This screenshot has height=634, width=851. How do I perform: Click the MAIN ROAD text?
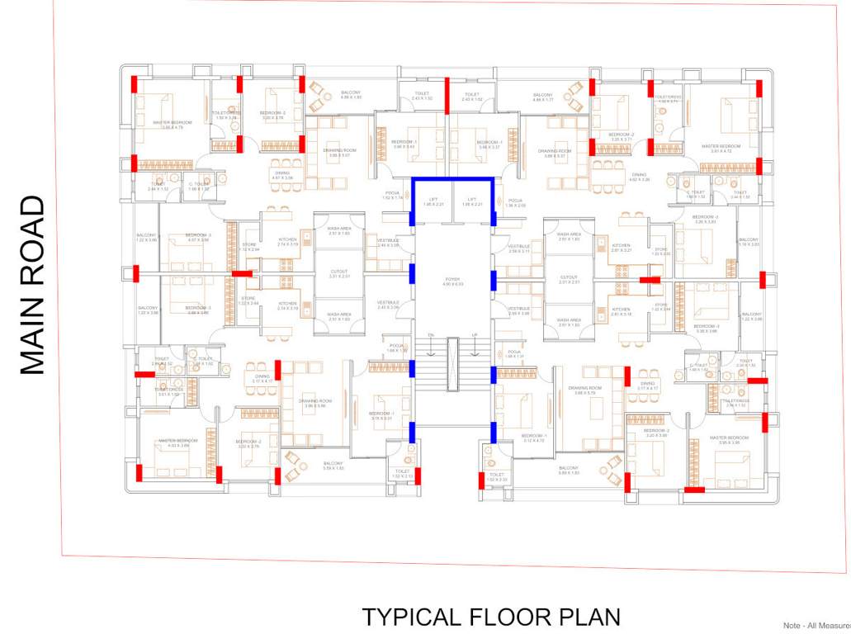[x=31, y=286]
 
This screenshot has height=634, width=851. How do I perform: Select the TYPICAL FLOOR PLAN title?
[x=491, y=617]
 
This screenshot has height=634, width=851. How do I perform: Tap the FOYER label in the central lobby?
[x=452, y=282]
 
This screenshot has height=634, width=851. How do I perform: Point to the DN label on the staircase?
[x=430, y=334]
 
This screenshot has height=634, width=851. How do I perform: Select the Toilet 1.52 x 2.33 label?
[x=496, y=476]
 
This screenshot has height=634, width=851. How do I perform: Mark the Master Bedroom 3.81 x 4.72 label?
[x=721, y=149]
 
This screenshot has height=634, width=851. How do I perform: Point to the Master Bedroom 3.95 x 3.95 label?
[x=729, y=439]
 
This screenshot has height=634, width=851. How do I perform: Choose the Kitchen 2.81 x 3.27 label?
[x=621, y=248]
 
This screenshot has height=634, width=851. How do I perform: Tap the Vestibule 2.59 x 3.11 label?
[x=519, y=248]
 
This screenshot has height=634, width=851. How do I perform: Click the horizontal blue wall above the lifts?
[x=452, y=180]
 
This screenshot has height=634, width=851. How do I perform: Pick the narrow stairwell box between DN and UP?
[x=452, y=363]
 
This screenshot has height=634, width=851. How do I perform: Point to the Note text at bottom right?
[x=816, y=626]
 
